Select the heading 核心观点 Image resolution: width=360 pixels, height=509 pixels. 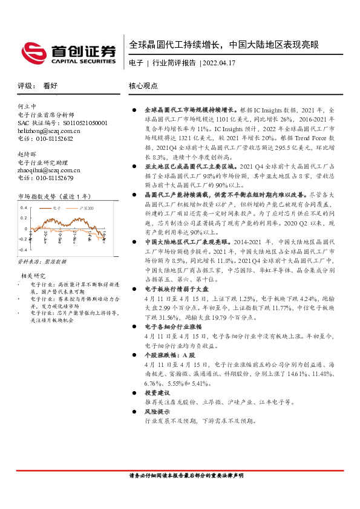point(143,86)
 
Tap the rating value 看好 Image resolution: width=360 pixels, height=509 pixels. point(50,86)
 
